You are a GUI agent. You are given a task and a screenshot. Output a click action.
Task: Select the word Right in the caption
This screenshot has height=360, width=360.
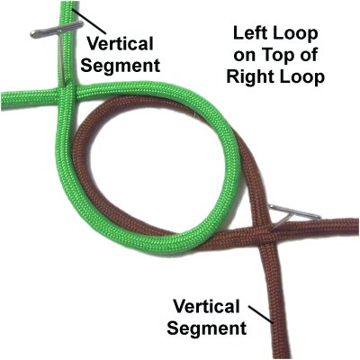point(250,76)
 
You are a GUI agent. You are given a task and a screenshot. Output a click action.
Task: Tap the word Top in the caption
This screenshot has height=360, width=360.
point(275,55)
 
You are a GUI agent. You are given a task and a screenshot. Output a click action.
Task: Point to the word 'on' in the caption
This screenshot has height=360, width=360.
point(245,57)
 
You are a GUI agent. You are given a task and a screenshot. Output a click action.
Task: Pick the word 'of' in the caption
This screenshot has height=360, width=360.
point(306,55)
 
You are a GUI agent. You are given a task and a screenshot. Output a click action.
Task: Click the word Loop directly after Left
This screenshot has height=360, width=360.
point(295,34)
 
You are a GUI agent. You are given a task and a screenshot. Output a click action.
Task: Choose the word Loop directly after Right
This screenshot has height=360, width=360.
point(302,77)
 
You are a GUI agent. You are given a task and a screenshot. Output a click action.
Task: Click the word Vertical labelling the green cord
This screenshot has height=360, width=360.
point(121,44)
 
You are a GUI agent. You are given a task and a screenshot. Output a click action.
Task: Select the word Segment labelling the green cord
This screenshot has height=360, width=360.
point(120,66)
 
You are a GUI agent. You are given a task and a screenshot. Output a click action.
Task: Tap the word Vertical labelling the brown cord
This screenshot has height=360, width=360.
point(206,306)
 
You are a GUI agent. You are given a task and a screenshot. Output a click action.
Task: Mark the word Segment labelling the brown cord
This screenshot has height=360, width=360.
point(207,328)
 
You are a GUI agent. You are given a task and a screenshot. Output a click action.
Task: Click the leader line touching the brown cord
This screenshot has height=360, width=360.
point(261,314)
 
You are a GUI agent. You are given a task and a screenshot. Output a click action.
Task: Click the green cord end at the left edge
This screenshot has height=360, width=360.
point(2,100)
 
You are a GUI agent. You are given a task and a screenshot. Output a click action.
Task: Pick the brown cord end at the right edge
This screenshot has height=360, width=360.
point(358,228)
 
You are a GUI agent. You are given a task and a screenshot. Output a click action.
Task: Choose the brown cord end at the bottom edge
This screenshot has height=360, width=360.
point(283,358)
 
